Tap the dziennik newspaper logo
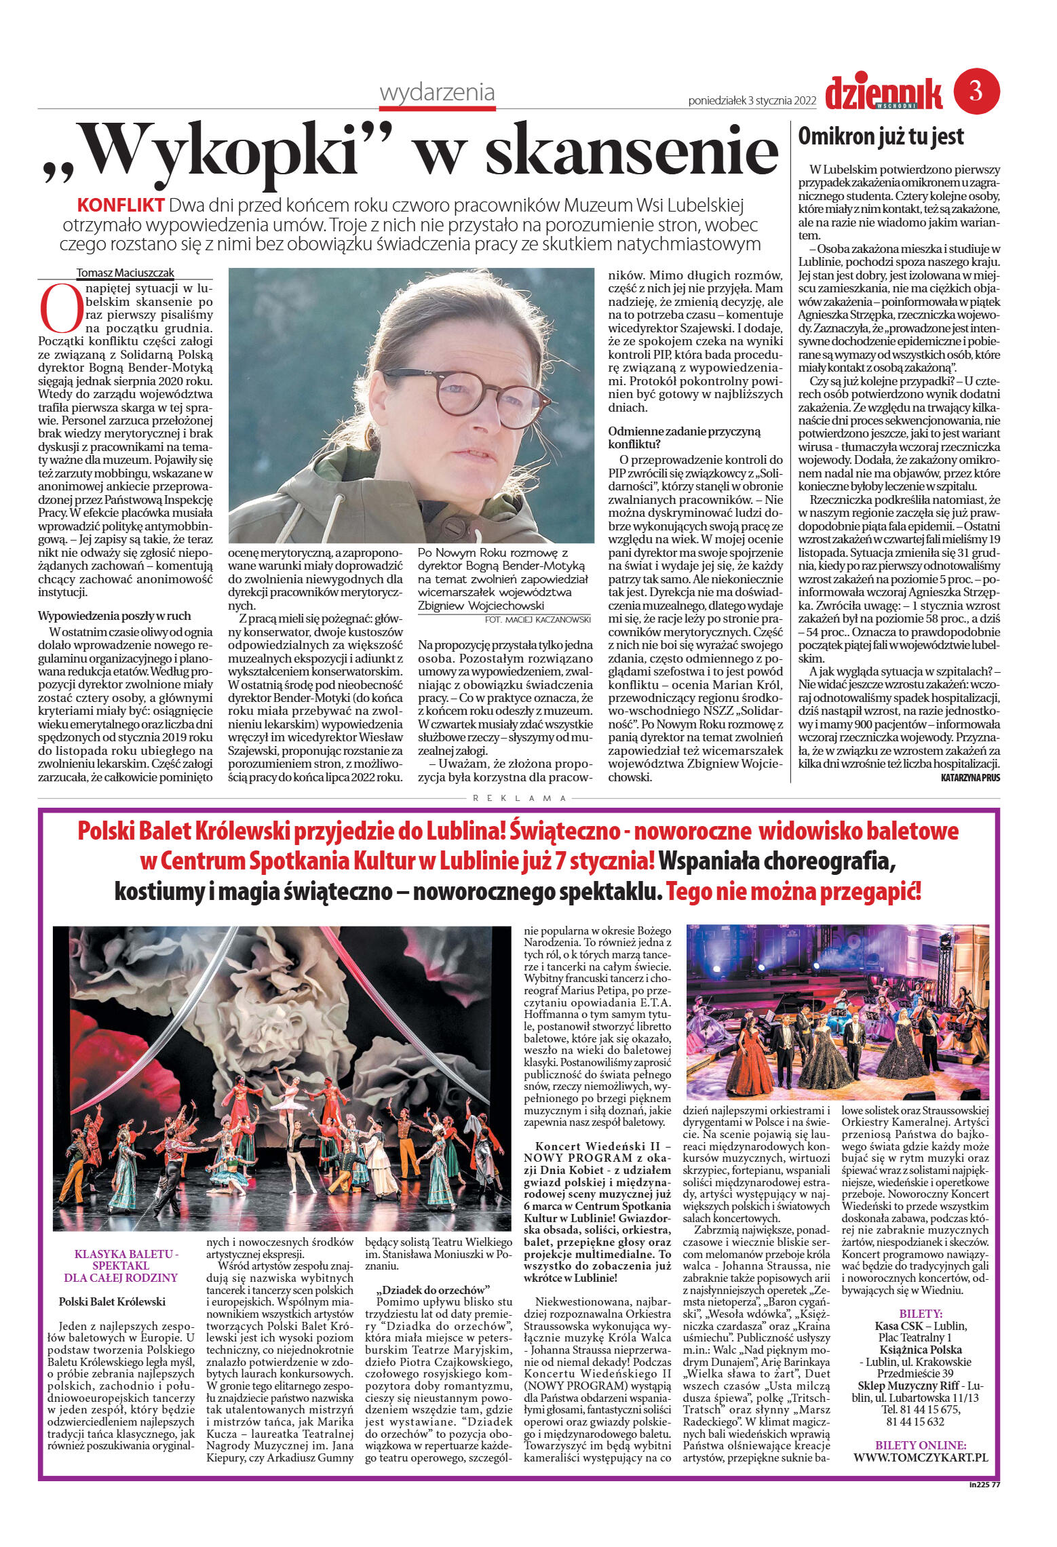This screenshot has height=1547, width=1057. point(884,94)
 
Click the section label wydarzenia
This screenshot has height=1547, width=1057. point(438,92)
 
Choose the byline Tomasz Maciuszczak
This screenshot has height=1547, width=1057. point(126,273)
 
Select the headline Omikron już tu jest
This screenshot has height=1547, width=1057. point(881,136)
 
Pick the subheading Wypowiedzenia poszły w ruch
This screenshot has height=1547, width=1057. point(115,616)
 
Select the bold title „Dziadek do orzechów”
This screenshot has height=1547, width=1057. point(434,1289)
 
